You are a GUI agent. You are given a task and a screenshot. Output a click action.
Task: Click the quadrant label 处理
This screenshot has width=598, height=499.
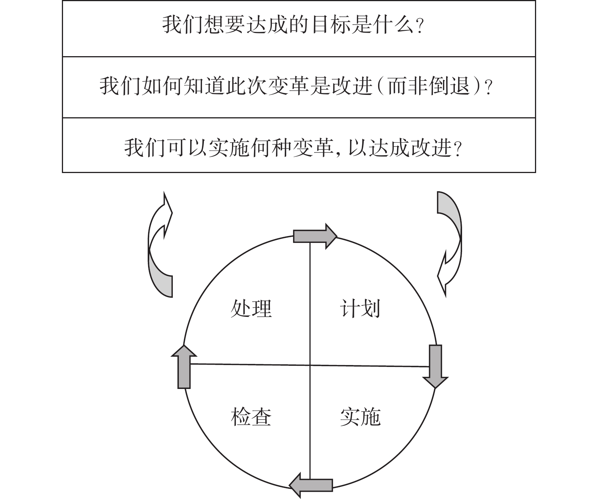[x=251, y=309]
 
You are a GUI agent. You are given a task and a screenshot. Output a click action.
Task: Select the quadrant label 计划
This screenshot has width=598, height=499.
[x=360, y=309]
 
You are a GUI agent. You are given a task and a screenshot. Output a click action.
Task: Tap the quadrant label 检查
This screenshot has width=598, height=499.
[x=251, y=417]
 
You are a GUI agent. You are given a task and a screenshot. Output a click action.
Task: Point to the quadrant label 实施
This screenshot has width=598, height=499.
[x=360, y=417]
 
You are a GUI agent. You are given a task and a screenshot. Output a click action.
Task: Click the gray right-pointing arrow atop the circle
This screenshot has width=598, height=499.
[x=315, y=236]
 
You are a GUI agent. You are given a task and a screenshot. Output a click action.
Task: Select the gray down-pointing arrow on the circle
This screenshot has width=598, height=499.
[x=435, y=367]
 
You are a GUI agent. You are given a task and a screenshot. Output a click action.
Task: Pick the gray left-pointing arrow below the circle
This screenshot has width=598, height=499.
[x=311, y=485]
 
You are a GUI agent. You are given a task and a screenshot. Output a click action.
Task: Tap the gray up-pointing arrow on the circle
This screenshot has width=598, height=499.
[x=184, y=367]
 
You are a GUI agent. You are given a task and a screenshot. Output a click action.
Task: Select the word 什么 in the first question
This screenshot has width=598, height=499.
[x=393, y=25]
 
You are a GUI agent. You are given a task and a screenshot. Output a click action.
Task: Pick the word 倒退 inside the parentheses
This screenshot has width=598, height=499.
[x=450, y=86]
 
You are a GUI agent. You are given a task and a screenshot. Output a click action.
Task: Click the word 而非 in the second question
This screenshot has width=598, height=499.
[x=408, y=86]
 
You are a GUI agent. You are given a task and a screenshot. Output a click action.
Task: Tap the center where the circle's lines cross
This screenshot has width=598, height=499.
[x=310, y=365]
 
